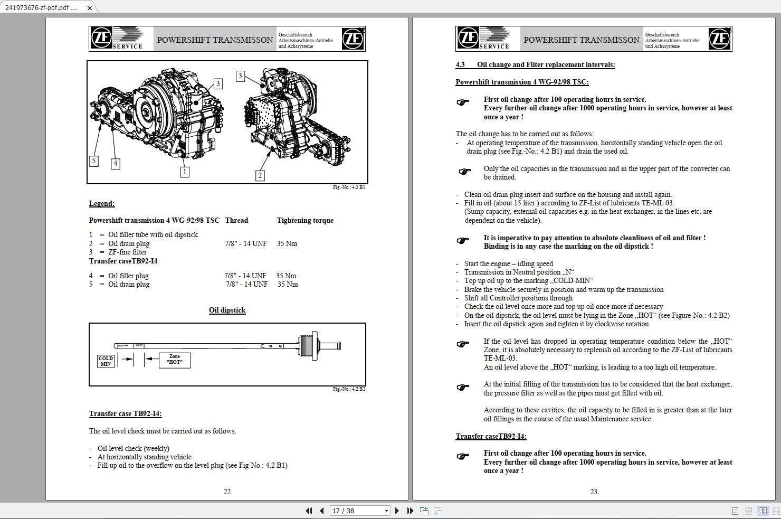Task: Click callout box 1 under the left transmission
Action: point(184,172)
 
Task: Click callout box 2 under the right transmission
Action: point(260,175)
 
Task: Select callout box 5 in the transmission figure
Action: point(94,161)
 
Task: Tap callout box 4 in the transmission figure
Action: point(115,163)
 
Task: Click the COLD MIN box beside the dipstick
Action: point(106,361)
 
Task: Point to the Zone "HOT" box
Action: point(175,360)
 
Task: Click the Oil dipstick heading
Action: point(227,310)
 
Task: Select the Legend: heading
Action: point(102,203)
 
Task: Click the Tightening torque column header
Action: point(305,220)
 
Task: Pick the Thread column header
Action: point(236,220)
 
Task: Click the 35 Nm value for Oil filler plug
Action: point(286,276)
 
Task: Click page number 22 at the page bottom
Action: point(227,492)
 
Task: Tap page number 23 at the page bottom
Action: point(594,492)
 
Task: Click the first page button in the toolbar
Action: point(309,511)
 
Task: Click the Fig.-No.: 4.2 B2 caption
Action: point(349,389)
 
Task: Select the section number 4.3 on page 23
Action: point(460,64)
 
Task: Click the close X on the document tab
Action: point(90,8)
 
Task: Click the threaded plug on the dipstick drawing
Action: point(307,346)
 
